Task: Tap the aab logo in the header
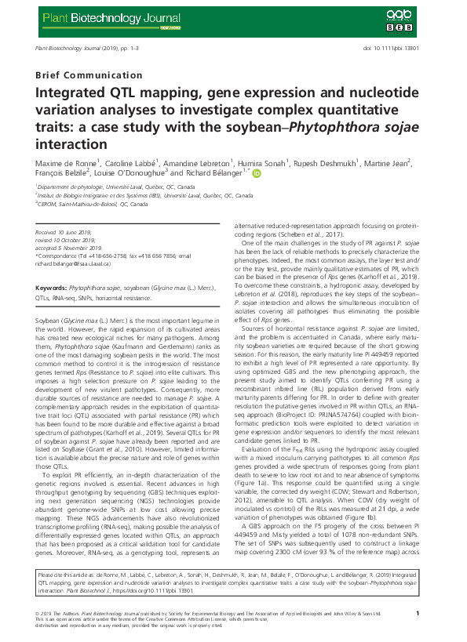[397, 15]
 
